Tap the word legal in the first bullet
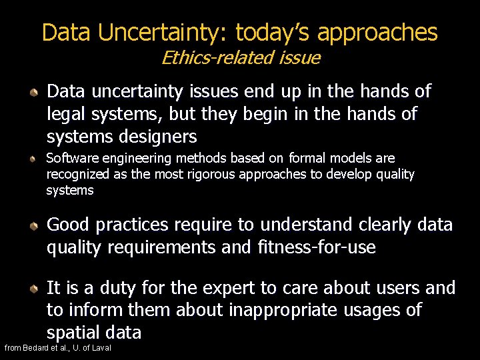(x=67, y=115)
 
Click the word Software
(x=69, y=159)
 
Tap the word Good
(x=68, y=225)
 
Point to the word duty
(x=112, y=288)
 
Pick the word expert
(x=222, y=288)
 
